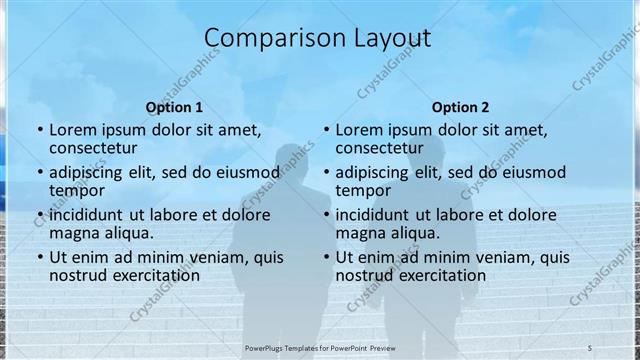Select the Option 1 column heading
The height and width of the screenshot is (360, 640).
coord(174,107)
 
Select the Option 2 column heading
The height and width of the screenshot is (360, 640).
coord(461,107)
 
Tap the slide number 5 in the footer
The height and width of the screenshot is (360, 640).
coord(590,345)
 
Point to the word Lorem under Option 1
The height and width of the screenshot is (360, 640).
coord(76,130)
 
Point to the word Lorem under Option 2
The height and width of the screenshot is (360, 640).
coord(363,130)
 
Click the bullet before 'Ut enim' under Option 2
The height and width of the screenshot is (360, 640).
coord(326,256)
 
